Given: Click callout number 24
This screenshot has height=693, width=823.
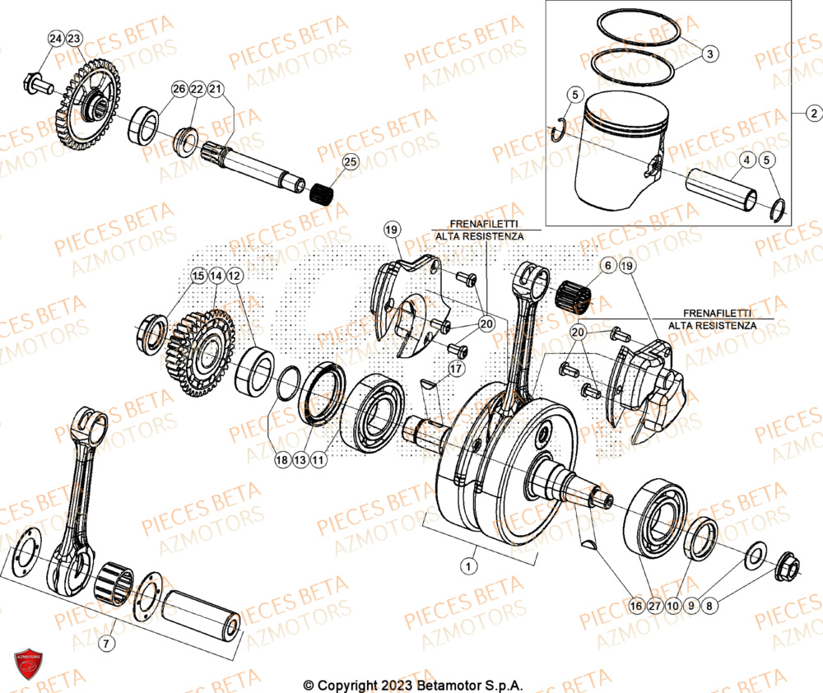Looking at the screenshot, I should coord(55,40).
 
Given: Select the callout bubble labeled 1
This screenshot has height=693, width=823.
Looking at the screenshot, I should coord(468,566).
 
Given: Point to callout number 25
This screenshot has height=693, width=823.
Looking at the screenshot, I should coord(350,162).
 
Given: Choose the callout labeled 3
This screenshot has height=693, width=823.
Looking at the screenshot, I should coord(710,53).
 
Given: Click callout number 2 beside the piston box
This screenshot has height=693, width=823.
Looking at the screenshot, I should coord(813,113).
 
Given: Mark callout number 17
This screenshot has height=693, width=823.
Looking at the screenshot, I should coord(453,370).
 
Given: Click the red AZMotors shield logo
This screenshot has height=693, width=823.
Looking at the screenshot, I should coord(27,665).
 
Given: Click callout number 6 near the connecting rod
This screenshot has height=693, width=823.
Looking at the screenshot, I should coord(607,266).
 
